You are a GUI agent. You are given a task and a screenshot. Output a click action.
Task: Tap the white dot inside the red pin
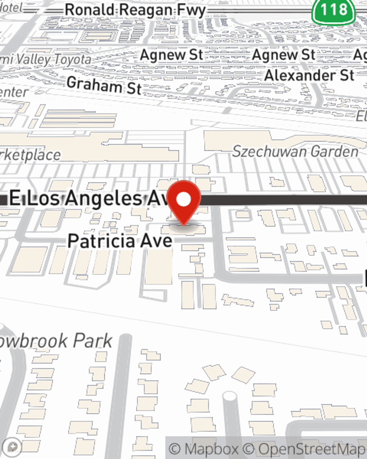pos(184,200)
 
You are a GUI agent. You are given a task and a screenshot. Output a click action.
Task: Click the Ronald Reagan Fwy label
pos(135,10)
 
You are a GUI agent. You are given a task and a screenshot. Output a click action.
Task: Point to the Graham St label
pos(104,86)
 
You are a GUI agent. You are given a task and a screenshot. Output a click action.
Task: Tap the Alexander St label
pos(309,75)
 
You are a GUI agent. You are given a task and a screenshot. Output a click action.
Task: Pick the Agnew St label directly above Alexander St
pos(283,55)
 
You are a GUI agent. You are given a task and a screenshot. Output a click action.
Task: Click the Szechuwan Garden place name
pos(295,151)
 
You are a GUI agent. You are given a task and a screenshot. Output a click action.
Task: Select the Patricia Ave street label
pos(120,241)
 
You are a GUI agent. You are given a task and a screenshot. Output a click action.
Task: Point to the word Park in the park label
pos(92,341)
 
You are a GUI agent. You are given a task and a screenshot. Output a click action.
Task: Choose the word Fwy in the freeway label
pos(192,10)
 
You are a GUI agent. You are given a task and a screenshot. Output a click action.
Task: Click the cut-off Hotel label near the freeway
pos(11,7)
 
